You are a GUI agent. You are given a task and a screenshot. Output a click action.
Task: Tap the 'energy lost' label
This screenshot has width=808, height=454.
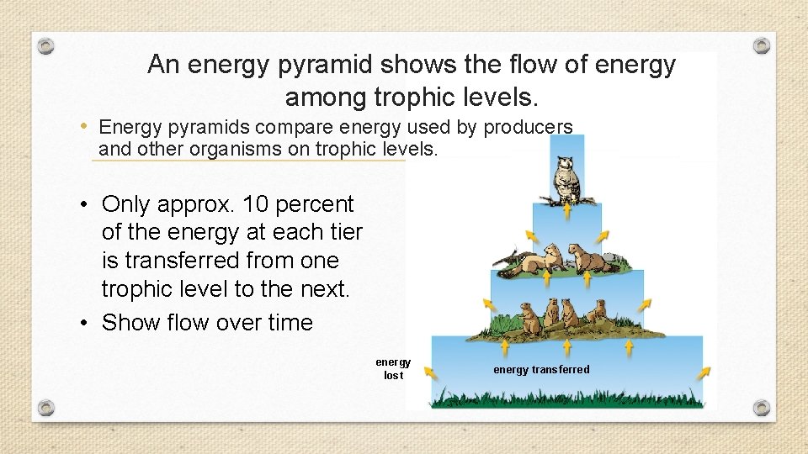tap(393, 369)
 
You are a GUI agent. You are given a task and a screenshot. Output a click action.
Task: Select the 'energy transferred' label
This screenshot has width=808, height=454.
tap(541, 370)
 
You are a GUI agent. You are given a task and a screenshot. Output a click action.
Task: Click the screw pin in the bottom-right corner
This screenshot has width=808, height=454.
tap(761, 408)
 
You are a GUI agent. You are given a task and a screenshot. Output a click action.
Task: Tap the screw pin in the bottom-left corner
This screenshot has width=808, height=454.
tap(46, 408)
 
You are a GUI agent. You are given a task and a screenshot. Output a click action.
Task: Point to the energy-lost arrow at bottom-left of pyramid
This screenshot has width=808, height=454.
tap(431, 371)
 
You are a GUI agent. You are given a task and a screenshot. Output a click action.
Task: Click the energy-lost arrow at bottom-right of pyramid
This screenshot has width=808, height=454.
tap(703, 371)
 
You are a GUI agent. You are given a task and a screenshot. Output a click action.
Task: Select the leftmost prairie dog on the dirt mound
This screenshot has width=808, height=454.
tap(528, 314)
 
